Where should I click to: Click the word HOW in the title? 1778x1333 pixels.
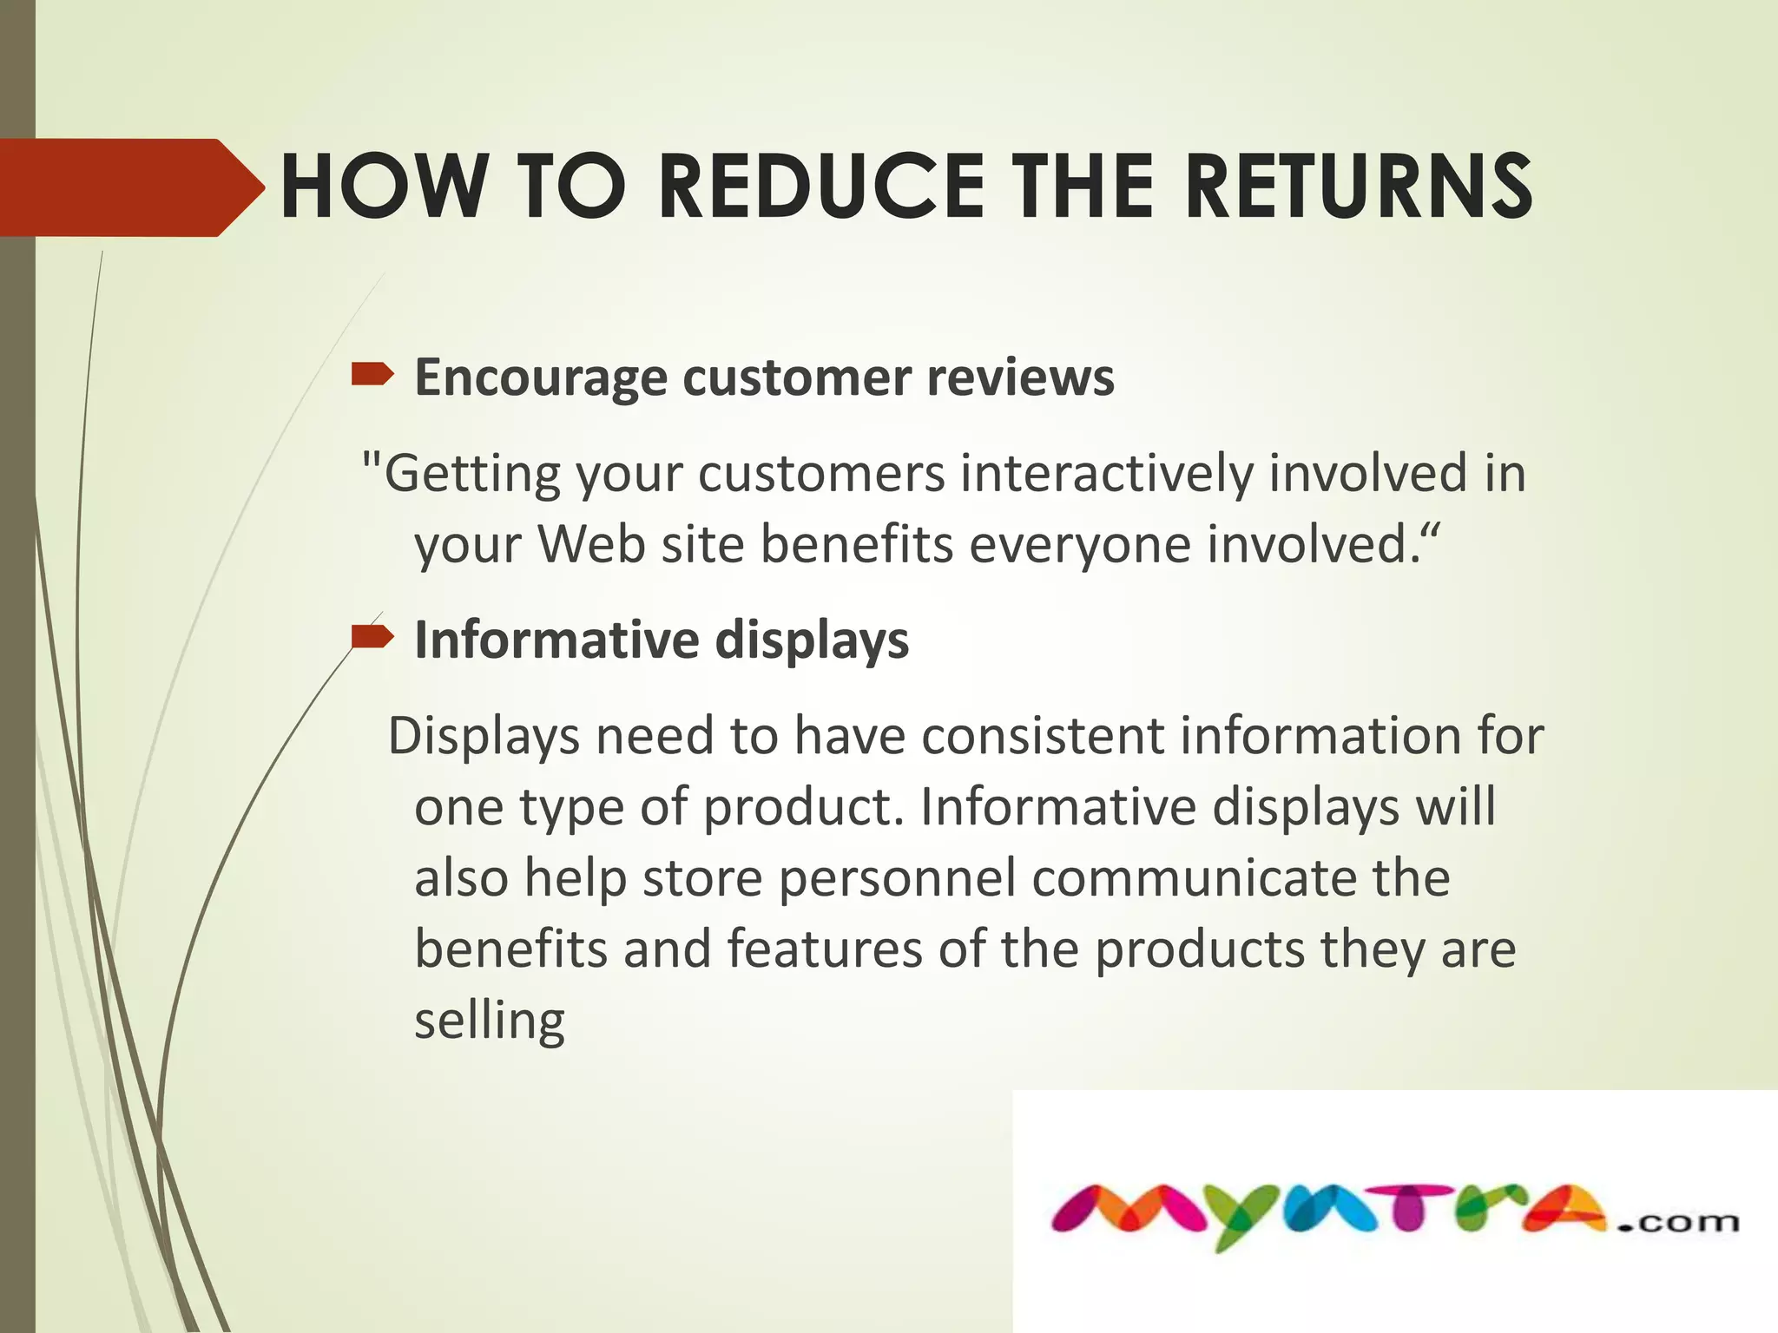coord(383,187)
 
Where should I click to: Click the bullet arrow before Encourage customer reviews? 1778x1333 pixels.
coord(372,375)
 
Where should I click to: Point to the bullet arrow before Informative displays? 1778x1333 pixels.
coord(372,639)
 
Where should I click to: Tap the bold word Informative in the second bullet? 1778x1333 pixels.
coord(556,640)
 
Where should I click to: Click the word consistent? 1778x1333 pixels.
coord(1042,736)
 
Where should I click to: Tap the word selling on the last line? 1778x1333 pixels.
coord(489,1021)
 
